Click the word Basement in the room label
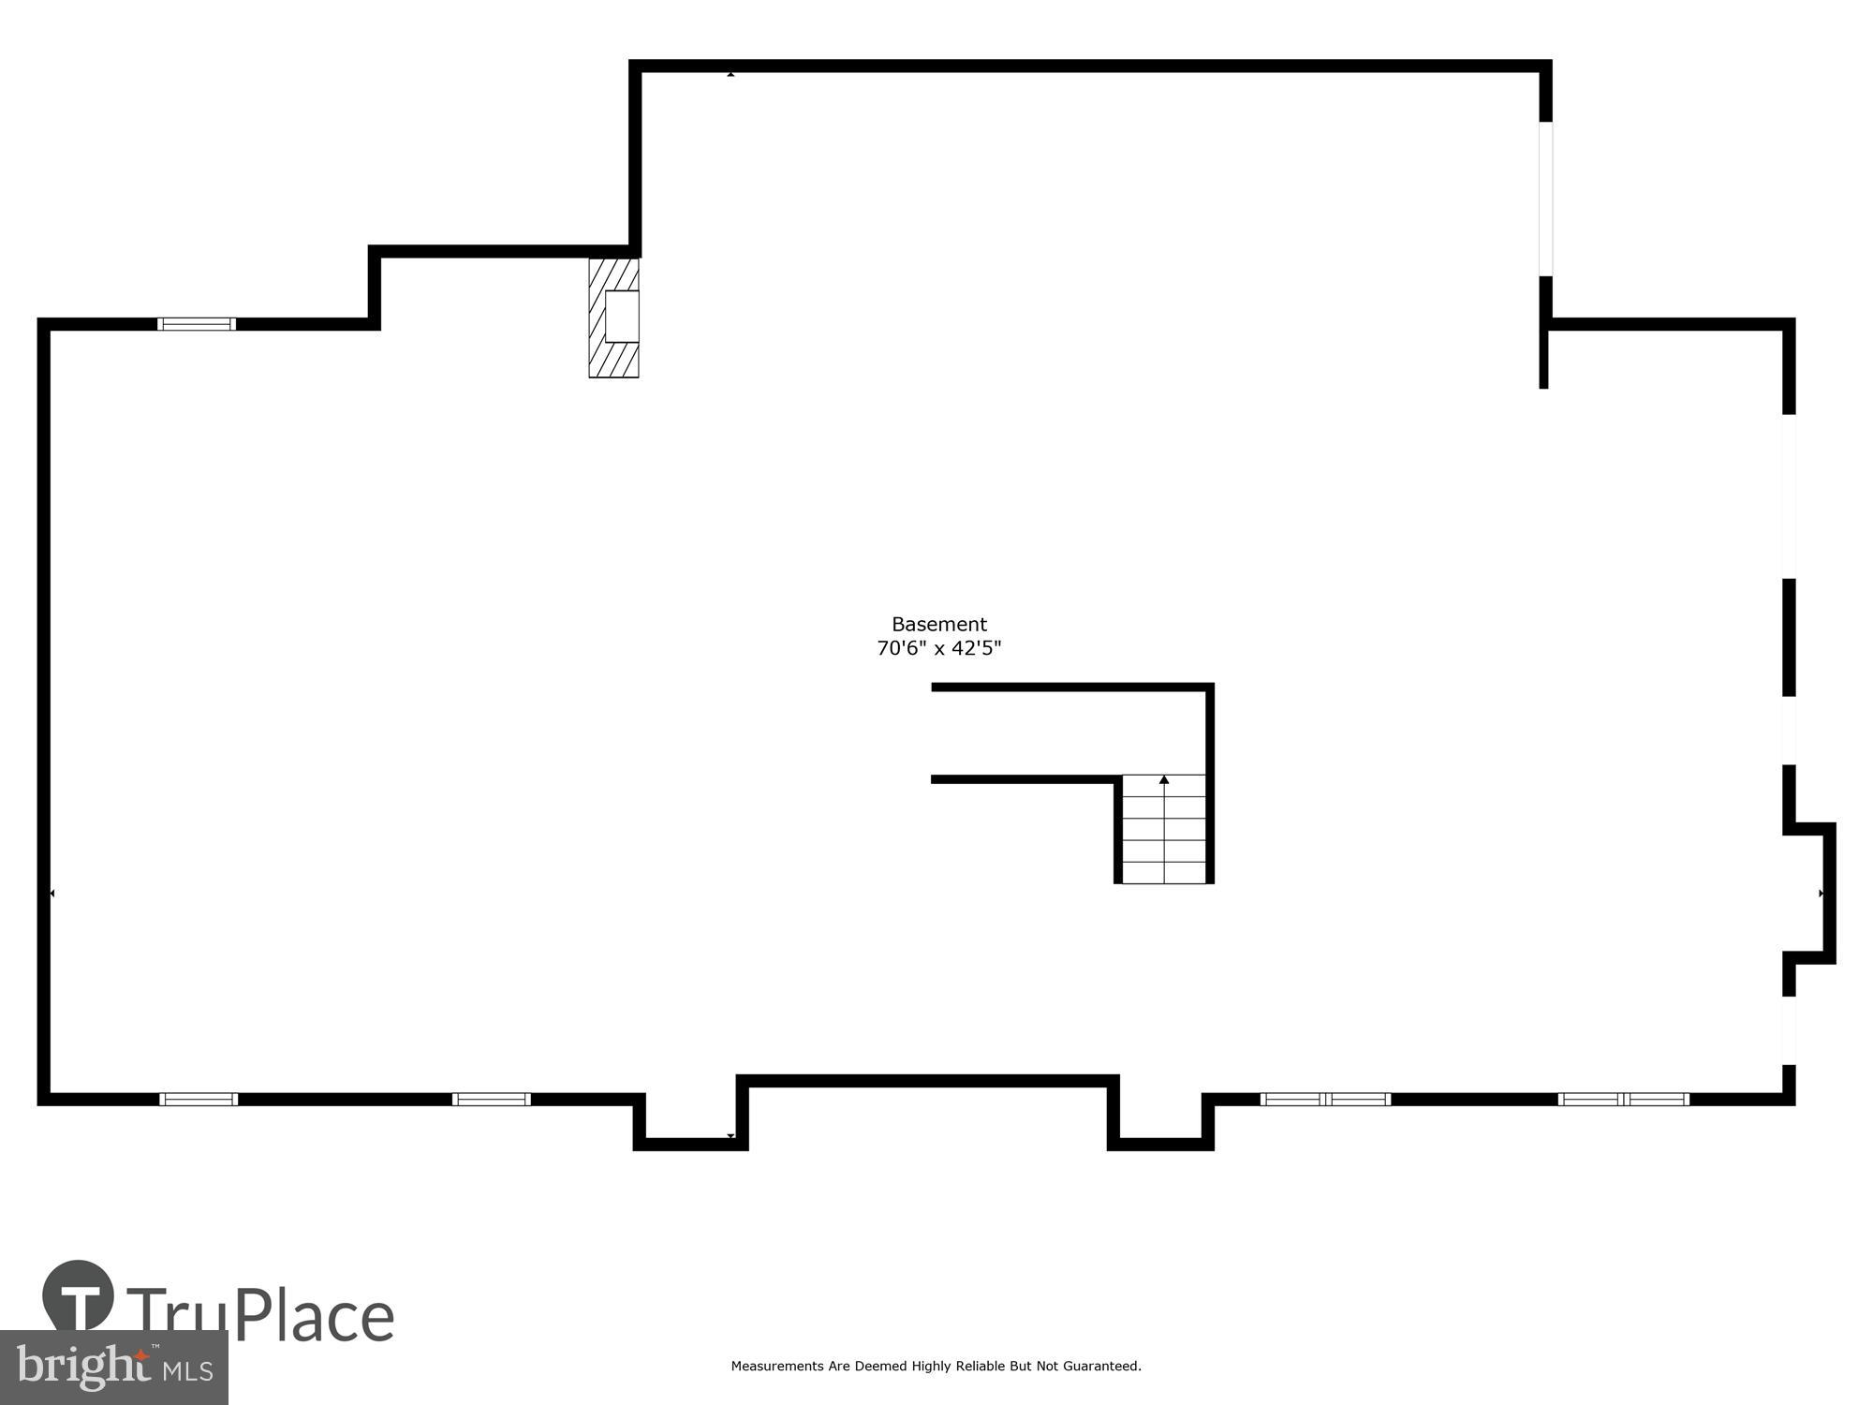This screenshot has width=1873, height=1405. click(x=938, y=625)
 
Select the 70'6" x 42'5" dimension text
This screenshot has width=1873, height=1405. click(x=938, y=648)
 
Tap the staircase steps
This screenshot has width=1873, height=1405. click(x=1164, y=834)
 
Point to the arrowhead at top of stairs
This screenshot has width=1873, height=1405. click(x=1164, y=779)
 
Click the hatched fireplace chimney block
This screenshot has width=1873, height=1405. click(x=613, y=318)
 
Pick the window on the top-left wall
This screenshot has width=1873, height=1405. click(x=196, y=324)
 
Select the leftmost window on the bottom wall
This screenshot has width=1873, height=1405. click(x=198, y=1099)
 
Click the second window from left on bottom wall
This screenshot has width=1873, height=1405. click(x=491, y=1099)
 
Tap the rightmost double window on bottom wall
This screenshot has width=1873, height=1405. click(x=1623, y=1099)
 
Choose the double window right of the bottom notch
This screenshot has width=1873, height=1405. click(x=1325, y=1099)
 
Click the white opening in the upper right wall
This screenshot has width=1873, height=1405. click(x=1545, y=199)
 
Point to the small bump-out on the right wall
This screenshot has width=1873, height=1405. click(x=1812, y=893)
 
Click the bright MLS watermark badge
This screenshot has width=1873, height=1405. click(x=113, y=1368)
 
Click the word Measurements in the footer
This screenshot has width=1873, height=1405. click(x=777, y=1367)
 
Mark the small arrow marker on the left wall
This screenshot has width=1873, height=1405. click(x=52, y=894)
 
